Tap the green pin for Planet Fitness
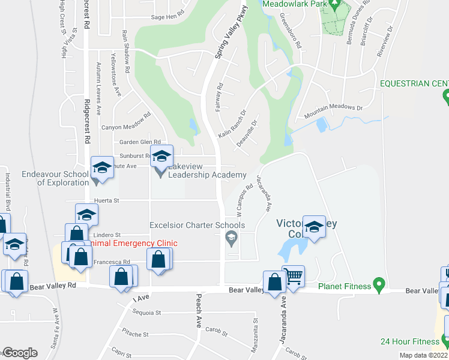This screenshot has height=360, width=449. pyautogui.click(x=378, y=283)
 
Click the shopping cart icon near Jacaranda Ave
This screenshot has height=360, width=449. pyautogui.click(x=293, y=276)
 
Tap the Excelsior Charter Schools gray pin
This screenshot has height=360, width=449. pyautogui.click(x=231, y=239)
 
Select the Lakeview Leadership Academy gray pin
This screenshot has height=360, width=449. pyautogui.click(x=160, y=172)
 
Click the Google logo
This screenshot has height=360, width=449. pyautogui.click(x=19, y=353)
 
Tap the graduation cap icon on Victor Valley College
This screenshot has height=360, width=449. pyautogui.click(x=314, y=226)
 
